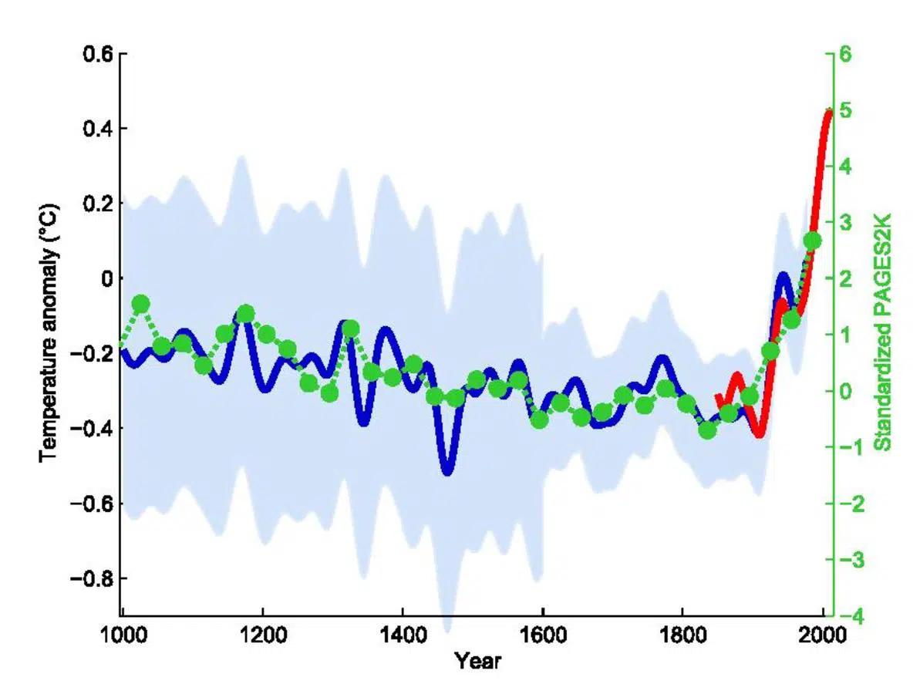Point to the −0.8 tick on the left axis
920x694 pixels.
click(x=93, y=578)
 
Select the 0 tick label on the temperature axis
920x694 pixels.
click(x=106, y=278)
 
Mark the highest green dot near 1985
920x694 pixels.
click(x=812, y=241)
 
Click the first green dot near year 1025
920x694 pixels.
click(x=140, y=303)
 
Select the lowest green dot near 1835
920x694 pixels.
click(x=707, y=430)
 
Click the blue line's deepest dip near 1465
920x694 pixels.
click(x=447, y=470)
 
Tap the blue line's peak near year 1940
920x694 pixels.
click(x=784, y=276)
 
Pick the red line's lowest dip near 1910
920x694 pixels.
click(x=760, y=434)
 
